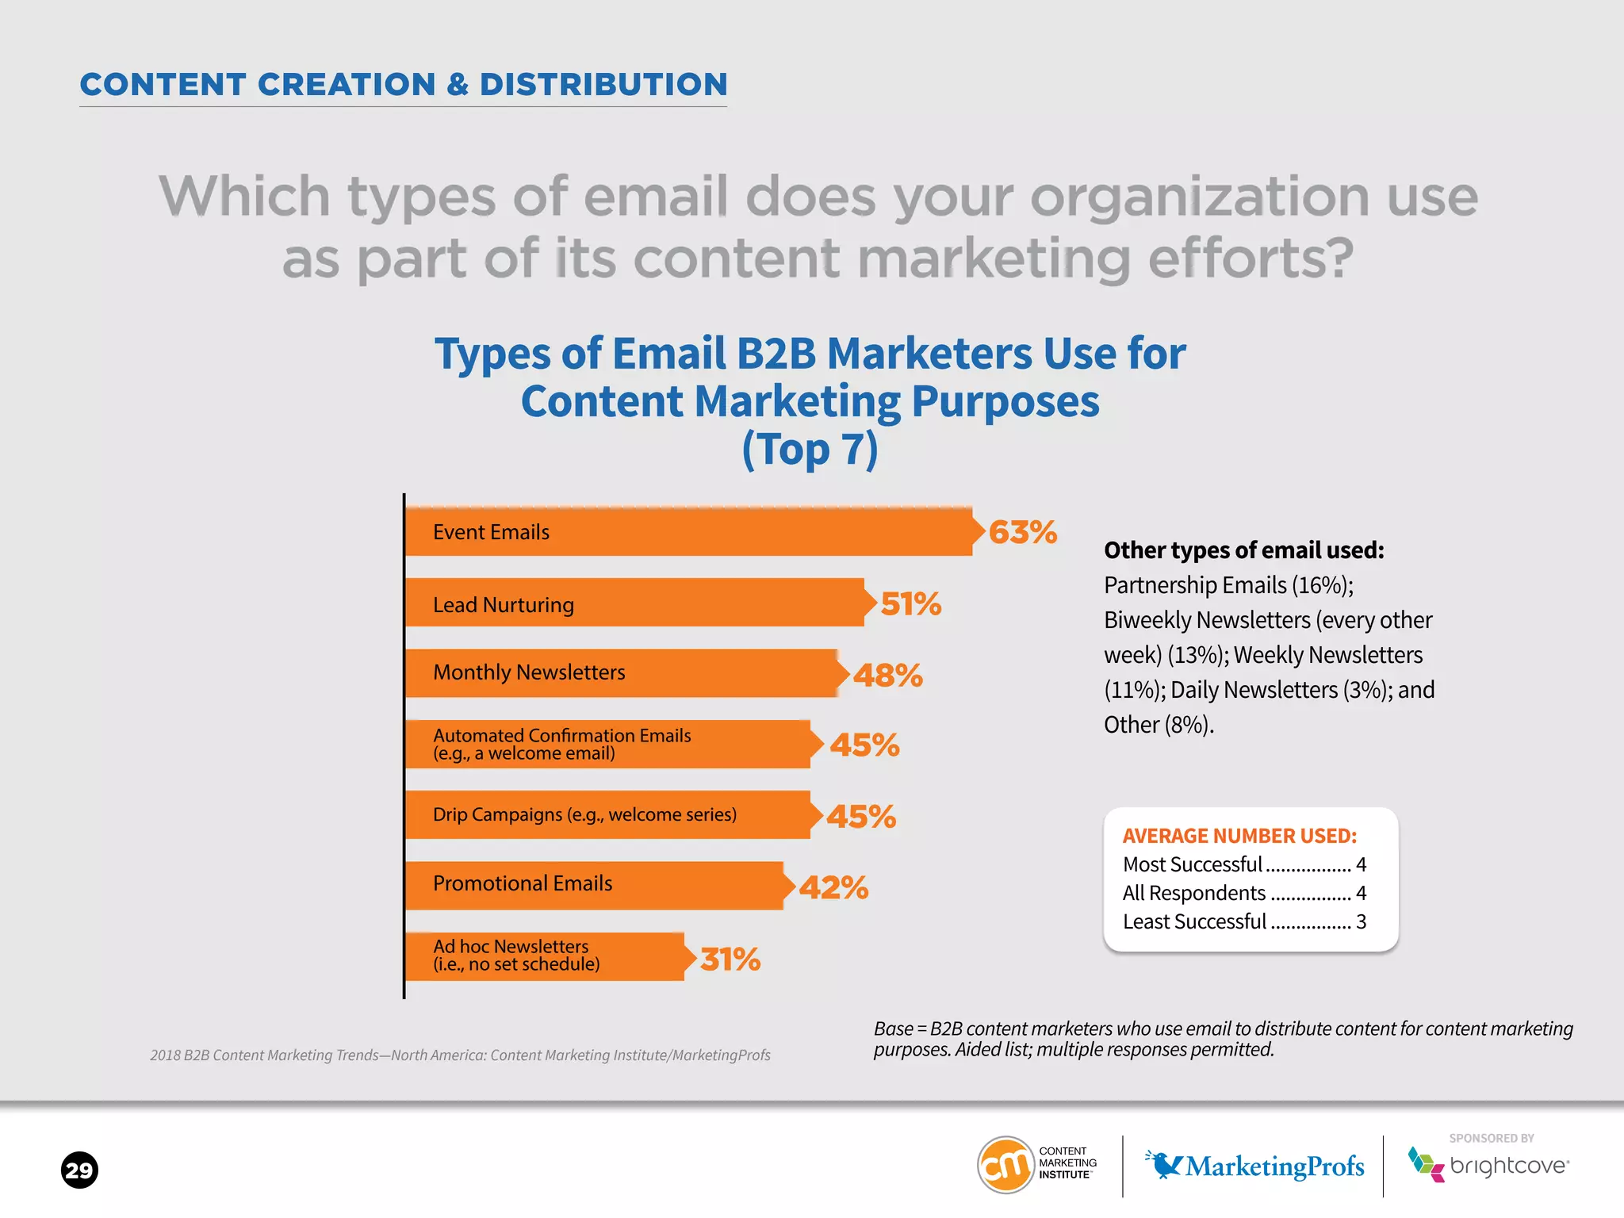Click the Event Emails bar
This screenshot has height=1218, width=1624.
pos(688,531)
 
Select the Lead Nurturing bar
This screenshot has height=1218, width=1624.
pos(634,603)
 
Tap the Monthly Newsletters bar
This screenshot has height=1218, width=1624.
pos(622,673)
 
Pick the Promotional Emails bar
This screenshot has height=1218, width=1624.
pos(594,885)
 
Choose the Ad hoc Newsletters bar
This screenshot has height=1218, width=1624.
pos(545,956)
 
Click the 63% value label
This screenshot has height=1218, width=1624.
pos(1022,532)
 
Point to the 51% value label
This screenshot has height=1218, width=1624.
pos(911,604)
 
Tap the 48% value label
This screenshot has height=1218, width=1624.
pos(887,676)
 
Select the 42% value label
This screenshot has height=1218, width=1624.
pos(833,887)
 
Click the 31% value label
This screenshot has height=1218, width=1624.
pos(730,959)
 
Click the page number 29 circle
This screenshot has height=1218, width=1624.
pos(79,1170)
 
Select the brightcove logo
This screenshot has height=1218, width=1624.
pos(1488,1165)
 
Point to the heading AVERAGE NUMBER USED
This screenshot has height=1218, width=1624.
pos(1239,836)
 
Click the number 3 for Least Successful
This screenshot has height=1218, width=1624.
pos(1361,921)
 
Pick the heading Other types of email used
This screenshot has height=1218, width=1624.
pos(1243,550)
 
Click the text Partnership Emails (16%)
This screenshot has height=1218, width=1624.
pos(1228,585)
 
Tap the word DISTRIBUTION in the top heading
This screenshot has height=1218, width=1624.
pos(603,85)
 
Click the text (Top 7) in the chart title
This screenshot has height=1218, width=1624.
pos(810,449)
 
